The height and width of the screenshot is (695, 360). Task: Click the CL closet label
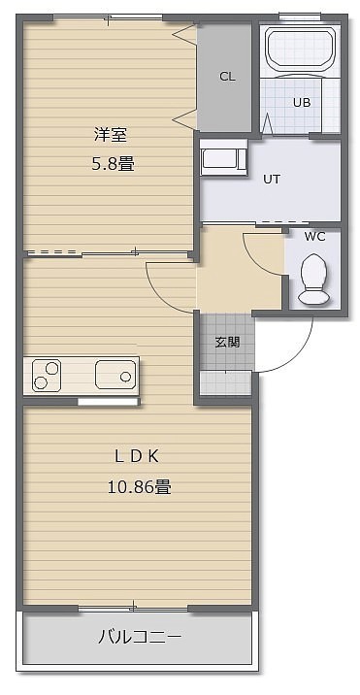(x=227, y=77)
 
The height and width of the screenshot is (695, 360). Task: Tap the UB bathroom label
(x=302, y=102)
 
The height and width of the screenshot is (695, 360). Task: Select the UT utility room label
(x=272, y=180)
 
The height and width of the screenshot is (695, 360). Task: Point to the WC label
(x=314, y=237)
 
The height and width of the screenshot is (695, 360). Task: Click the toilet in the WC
(x=313, y=279)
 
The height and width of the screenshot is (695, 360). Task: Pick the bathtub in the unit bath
(x=301, y=48)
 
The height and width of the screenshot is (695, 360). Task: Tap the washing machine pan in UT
(x=224, y=158)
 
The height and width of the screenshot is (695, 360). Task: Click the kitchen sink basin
(x=115, y=375)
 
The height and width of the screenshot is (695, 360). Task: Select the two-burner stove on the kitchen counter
(x=47, y=376)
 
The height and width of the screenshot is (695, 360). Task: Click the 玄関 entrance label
(x=227, y=343)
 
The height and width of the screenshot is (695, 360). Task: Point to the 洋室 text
(x=111, y=135)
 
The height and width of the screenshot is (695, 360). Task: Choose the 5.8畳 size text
(x=113, y=165)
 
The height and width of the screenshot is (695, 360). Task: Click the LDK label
(x=137, y=457)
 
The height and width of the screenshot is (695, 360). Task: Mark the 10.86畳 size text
(x=139, y=487)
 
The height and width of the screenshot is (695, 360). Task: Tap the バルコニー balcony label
(x=140, y=638)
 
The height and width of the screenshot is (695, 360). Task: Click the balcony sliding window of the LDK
(x=134, y=609)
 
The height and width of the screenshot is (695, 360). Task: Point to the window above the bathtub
(x=300, y=17)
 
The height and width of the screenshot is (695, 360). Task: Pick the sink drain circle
(x=126, y=377)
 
